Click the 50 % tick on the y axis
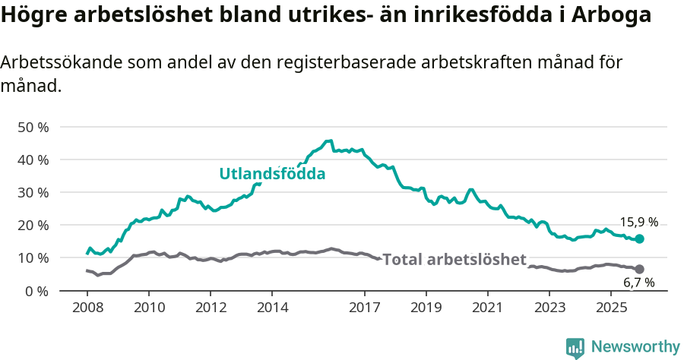[32, 127]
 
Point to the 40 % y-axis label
[32, 159]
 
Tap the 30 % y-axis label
[32, 192]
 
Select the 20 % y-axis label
[32, 225]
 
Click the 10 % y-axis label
[32, 258]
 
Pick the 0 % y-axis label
[36, 291]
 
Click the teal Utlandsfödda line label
[272, 174]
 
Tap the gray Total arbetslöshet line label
[454, 260]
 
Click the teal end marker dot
[639, 238]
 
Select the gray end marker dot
[639, 269]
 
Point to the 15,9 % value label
[638, 223]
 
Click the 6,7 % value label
[638, 283]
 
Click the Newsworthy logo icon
[575, 347]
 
